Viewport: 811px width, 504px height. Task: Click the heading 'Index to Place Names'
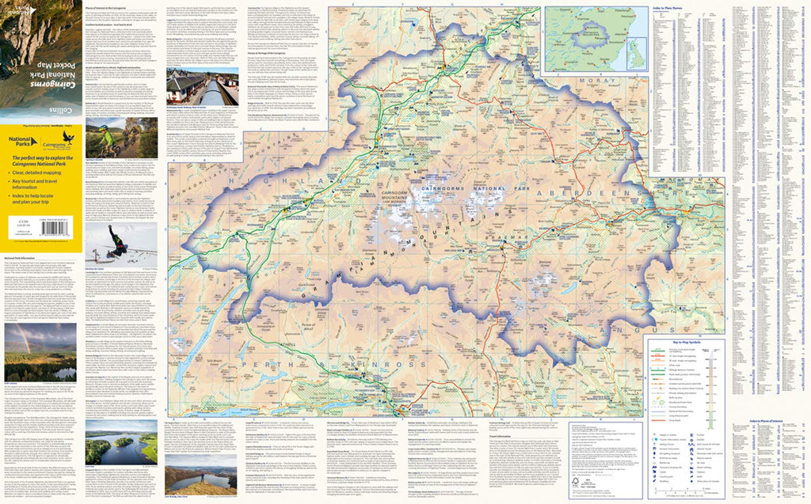[669, 9]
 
